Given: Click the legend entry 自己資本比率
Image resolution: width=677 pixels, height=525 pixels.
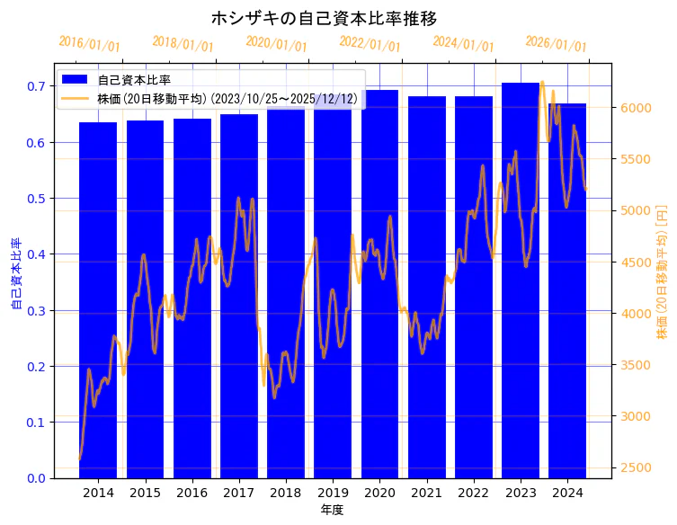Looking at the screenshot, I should tap(134, 80).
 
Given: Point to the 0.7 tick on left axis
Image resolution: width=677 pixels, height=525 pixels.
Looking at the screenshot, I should tap(36, 86).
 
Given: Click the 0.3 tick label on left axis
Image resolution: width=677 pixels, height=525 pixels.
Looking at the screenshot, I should tap(36, 311).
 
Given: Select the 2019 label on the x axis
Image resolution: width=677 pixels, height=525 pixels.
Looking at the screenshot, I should tap(333, 493).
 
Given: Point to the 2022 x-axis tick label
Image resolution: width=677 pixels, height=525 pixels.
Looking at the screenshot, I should tap(473, 493).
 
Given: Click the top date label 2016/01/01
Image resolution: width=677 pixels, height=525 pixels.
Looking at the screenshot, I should tap(89, 44).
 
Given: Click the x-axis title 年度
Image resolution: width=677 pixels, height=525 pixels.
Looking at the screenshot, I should tap(333, 510).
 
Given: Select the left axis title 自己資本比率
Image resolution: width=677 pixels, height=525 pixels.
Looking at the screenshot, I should tap(15, 274).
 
